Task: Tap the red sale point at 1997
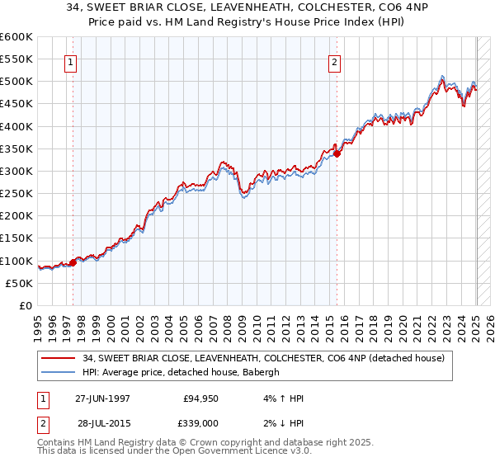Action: tap(73, 262)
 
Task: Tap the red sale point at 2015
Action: tap(337, 153)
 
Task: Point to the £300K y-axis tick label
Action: tap(16, 171)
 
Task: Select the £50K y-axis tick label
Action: tap(19, 283)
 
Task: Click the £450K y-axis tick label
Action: tap(16, 104)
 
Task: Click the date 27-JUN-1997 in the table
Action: tap(102, 398)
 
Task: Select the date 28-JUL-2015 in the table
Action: tap(102, 423)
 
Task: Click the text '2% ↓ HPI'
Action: tap(280, 423)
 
